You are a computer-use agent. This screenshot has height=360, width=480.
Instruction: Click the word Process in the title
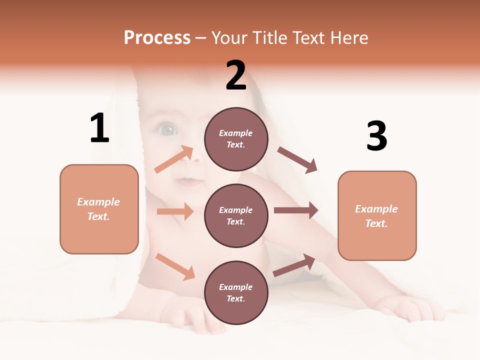click(157, 37)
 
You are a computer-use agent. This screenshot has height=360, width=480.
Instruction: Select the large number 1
click(99, 128)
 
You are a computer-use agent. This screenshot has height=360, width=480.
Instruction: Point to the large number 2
click(236, 75)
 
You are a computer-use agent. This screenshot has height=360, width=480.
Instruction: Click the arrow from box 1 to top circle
click(174, 159)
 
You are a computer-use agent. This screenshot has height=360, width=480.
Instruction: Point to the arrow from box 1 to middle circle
click(175, 211)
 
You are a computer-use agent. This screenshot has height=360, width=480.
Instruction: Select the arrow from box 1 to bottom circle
click(175, 266)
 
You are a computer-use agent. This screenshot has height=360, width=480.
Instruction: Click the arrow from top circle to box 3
click(297, 159)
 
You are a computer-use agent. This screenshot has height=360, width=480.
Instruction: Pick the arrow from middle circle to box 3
click(295, 210)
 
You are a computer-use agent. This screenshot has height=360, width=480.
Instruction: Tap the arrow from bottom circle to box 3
click(294, 265)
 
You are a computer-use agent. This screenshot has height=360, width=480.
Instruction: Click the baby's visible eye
click(167, 130)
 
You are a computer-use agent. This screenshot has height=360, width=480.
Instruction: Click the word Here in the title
click(349, 37)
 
